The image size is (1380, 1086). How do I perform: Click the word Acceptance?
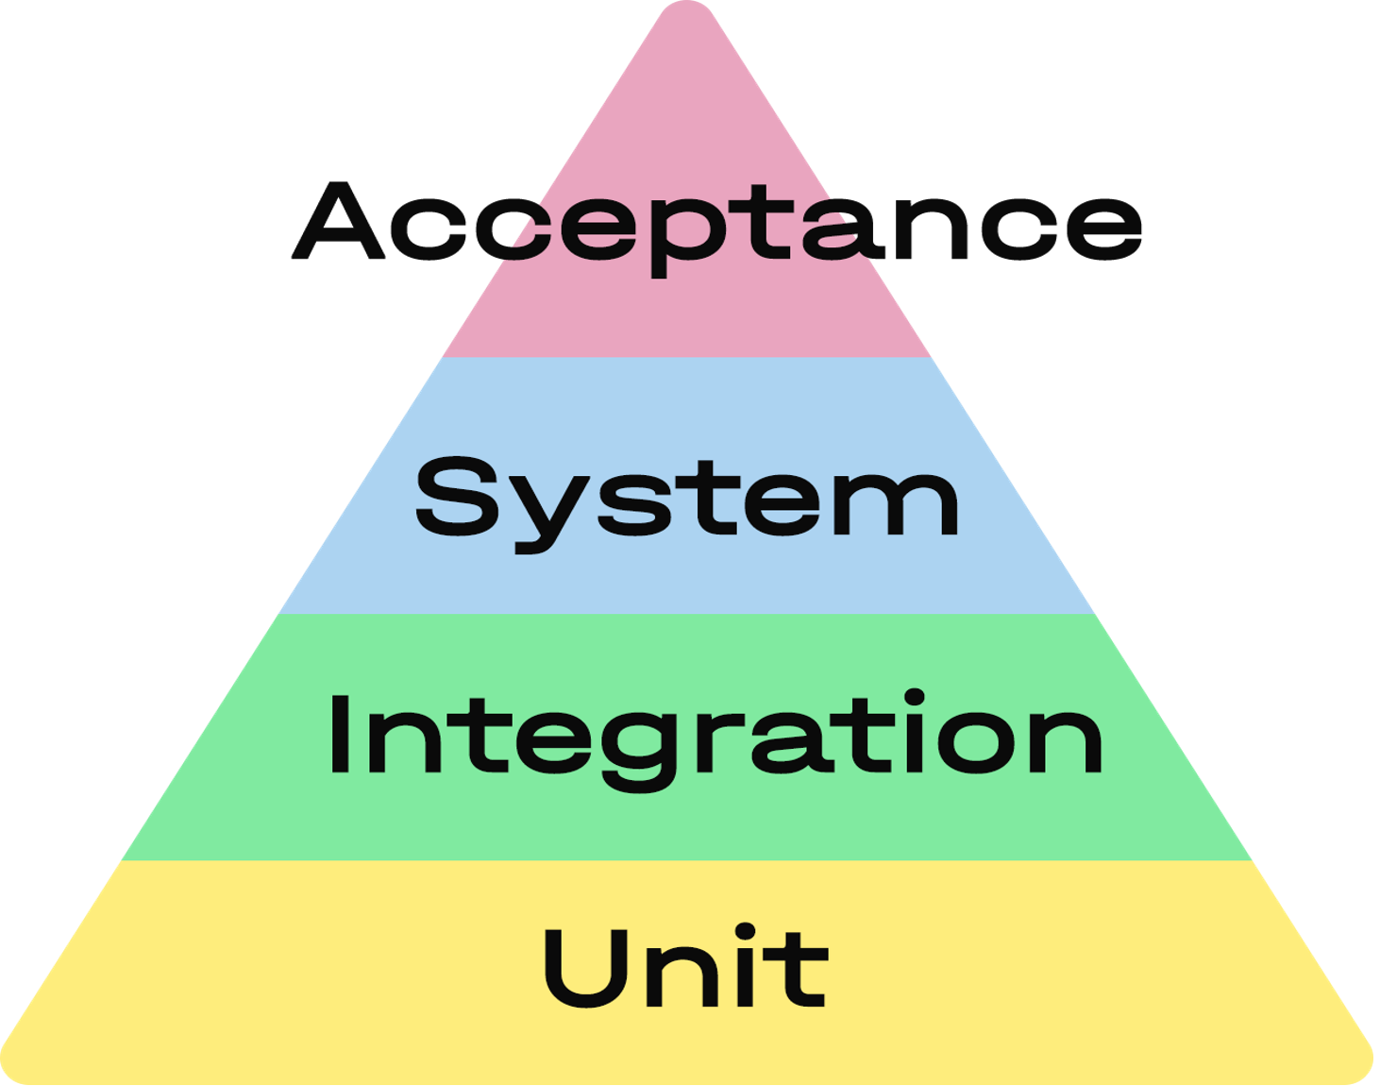point(717,229)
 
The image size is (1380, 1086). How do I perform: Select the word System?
point(687,505)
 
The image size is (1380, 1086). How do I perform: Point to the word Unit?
point(686,965)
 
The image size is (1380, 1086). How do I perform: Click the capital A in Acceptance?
point(338,221)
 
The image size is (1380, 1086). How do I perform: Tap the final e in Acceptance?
point(1104,229)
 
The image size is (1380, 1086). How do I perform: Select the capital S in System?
point(457,497)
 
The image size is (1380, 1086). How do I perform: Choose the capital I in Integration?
point(339,735)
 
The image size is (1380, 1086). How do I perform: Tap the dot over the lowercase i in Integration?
point(914,697)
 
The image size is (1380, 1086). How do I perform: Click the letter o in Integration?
point(976,743)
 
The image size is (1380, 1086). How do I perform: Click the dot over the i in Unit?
point(745,932)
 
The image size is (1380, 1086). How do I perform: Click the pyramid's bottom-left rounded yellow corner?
point(16,1066)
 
